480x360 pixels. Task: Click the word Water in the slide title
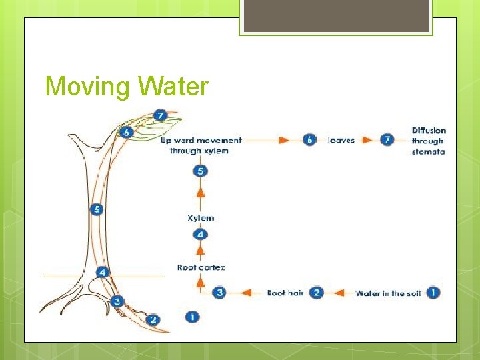173,87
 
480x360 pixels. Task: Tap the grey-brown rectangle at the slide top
336,15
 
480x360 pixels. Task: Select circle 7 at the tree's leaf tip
159,116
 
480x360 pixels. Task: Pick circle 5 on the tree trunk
97,210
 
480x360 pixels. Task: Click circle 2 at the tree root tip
153,320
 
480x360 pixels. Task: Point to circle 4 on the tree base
102,272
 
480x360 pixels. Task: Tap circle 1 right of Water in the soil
433,293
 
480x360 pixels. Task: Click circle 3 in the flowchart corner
221,293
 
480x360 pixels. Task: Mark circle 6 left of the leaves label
309,140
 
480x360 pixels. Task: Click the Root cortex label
201,267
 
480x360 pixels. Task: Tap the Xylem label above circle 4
201,218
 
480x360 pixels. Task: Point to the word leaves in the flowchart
341,141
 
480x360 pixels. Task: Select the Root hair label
285,293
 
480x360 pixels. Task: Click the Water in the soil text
388,293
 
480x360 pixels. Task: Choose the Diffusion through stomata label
429,141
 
